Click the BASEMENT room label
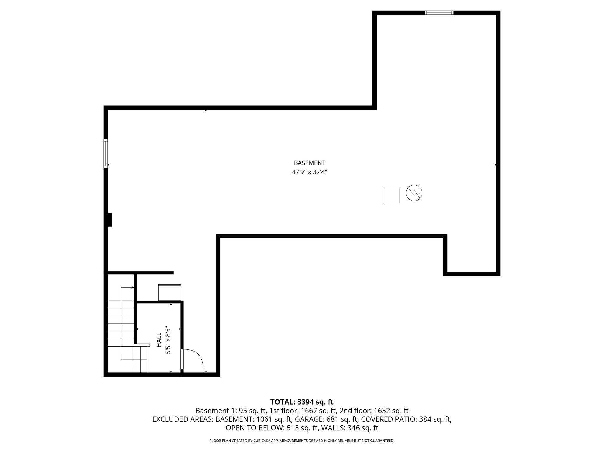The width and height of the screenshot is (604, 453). tap(309, 163)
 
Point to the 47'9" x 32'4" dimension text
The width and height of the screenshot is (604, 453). tap(309, 172)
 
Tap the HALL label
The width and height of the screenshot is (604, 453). tap(159, 340)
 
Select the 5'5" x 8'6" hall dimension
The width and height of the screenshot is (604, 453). tap(168, 340)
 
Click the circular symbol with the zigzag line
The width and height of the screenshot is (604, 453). tap(414, 193)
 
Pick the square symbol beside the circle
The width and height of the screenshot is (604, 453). tap(391, 196)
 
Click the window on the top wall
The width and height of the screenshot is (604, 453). tap(439, 13)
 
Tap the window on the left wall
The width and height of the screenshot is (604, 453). tap(106, 153)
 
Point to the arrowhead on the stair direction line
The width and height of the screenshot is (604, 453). tap(132, 287)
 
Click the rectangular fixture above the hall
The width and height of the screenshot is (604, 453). tap(170, 292)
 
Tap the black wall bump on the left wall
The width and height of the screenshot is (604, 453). tap(110, 220)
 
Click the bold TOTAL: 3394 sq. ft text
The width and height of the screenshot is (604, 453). tap(302, 402)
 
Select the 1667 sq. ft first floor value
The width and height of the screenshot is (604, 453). tap(320, 411)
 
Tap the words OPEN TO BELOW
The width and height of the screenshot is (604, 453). tap(255, 428)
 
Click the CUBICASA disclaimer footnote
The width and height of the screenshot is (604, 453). tap(302, 441)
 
